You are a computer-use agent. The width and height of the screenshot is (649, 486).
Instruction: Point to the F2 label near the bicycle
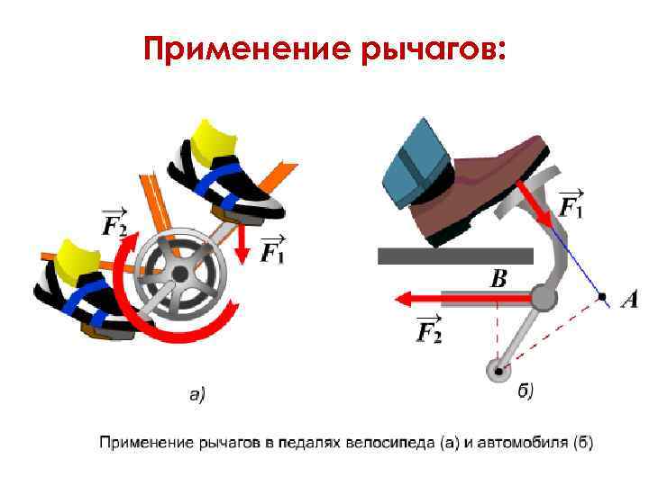(x=115, y=222)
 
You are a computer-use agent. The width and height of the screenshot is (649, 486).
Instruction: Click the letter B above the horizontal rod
(x=498, y=279)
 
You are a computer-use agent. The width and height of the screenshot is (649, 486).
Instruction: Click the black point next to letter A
(x=602, y=296)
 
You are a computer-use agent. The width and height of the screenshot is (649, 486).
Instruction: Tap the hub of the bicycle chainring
(x=180, y=273)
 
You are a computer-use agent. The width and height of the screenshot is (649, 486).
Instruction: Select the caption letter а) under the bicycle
(x=197, y=392)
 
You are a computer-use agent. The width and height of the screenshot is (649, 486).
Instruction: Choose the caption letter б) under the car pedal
(x=526, y=391)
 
